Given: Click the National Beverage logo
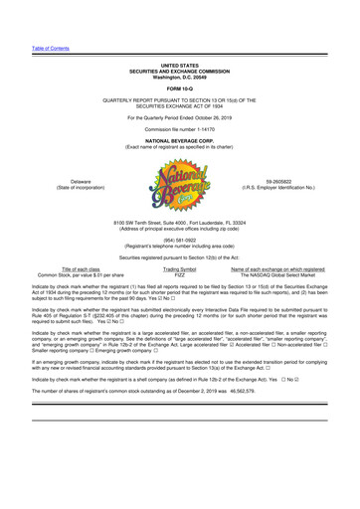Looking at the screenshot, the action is coord(180,152).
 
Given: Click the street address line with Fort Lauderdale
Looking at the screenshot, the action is coord(180,212).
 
